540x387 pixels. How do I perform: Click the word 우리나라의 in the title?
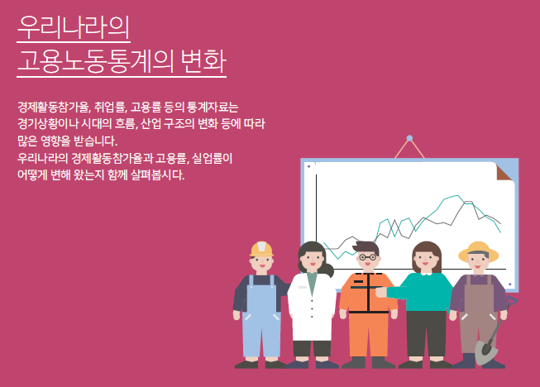coord(74,26)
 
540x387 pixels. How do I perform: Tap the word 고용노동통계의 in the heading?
coord(95,61)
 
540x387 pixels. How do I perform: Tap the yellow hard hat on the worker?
coord(262,249)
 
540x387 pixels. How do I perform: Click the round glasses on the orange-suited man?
coord(367,257)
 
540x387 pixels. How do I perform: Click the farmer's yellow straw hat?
coord(478,251)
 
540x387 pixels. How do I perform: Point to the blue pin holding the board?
coord(409,138)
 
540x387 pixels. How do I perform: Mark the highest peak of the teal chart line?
coord(458,195)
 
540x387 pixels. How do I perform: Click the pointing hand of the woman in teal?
coord(380,292)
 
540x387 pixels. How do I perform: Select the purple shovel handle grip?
coord(512,300)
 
